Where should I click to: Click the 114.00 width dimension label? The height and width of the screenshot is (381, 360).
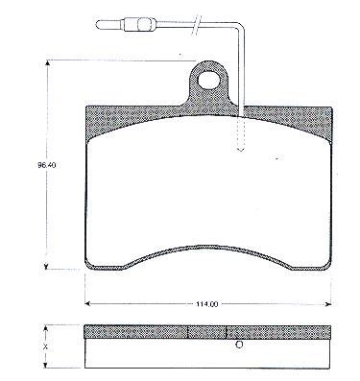[207, 304]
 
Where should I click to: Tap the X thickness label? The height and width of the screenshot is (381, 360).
[46, 346]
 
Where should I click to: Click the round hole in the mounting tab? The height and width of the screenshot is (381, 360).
[208, 80]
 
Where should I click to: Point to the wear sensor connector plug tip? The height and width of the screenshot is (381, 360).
[98, 24]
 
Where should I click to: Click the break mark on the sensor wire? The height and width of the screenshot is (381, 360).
[197, 24]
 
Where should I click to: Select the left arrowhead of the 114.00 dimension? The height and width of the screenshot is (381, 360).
[88, 304]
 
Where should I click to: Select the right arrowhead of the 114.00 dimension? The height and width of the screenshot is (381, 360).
[327, 304]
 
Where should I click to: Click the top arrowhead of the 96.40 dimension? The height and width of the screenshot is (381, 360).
[48, 63]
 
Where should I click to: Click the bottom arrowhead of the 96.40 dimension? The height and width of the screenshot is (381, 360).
[47, 266]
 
